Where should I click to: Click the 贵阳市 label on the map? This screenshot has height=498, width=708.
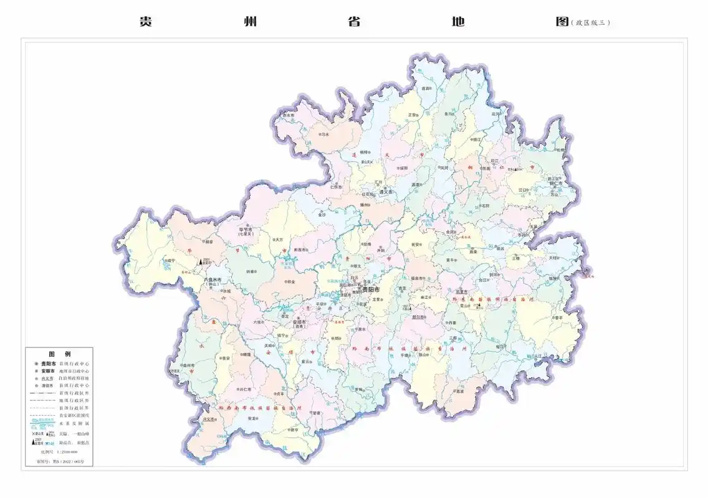tap(373, 288)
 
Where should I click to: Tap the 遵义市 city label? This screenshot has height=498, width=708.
tap(388, 192)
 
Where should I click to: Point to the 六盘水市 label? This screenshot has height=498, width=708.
tap(213, 280)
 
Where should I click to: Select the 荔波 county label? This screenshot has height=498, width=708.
tap(460, 392)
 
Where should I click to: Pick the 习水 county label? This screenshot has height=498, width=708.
tap(323, 134)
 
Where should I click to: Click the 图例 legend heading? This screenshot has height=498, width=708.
tap(59, 353)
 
